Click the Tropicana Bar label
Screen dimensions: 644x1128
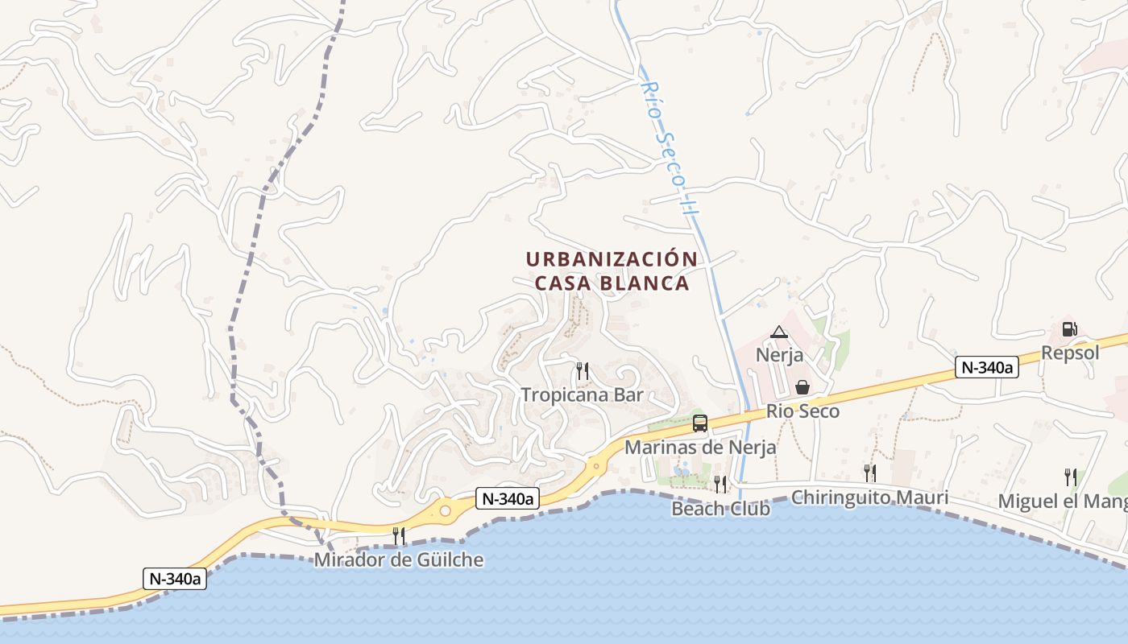582,394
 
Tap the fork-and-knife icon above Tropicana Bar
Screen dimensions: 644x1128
582,371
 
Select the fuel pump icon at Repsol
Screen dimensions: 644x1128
1070,329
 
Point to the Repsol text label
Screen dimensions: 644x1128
1070,353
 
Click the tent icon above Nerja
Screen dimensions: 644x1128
778,332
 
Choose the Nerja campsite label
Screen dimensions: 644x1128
779,354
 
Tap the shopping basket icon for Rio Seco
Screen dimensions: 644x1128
802,388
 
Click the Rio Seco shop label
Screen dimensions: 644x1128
802,411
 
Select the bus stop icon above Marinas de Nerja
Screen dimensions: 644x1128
700,423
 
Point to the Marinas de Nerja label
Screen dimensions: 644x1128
700,448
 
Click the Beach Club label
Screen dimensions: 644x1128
720,509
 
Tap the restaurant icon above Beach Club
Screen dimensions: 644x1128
720,484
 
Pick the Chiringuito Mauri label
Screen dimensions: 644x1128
869,497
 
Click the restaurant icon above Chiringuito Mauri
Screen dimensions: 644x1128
869,473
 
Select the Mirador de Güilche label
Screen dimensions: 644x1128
399,559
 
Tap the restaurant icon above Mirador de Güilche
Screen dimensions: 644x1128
398,535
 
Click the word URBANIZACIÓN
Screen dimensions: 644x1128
612,259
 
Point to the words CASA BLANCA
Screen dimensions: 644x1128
612,283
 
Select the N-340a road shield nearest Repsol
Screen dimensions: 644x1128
987,368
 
